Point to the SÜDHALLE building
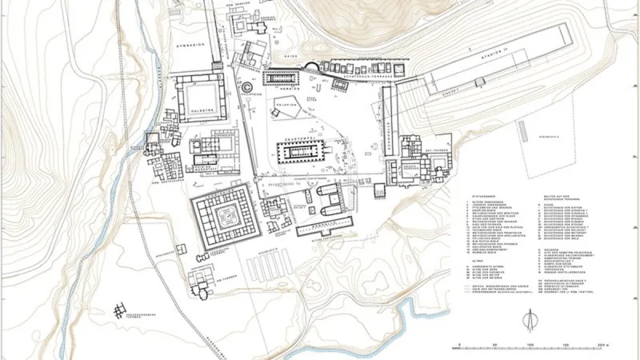pyautogui.click(x=323, y=231)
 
